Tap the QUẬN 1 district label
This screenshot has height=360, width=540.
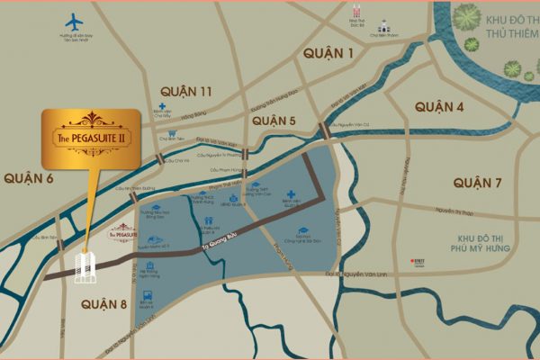click(x=328, y=54)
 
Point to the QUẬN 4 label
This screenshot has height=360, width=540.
click(x=439, y=107)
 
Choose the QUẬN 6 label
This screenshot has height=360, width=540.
click(x=29, y=179)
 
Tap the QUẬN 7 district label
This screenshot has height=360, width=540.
click(x=478, y=183)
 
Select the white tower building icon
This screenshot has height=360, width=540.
click(x=86, y=265)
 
